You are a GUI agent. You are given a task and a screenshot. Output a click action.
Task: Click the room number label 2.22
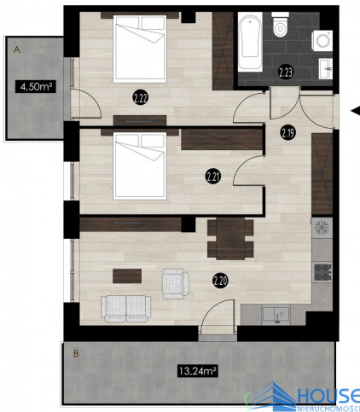140,98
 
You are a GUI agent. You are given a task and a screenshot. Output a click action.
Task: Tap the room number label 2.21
213,177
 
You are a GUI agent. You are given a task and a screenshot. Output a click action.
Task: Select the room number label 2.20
220,281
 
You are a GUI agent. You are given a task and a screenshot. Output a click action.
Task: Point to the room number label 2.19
288,132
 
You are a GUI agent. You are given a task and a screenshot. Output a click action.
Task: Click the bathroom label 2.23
286,73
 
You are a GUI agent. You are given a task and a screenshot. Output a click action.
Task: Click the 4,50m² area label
36,86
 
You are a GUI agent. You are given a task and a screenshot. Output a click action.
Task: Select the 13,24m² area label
198,370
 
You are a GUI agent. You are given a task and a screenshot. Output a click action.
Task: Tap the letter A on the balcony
17,49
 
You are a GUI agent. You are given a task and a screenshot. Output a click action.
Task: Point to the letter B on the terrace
76,354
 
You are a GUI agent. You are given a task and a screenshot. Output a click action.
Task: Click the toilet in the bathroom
280,25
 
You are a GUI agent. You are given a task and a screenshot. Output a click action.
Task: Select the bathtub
250,42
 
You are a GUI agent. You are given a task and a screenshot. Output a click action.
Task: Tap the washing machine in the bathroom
322,41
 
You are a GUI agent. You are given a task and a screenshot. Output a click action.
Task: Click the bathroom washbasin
326,68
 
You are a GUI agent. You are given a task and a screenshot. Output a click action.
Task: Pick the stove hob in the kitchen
322,272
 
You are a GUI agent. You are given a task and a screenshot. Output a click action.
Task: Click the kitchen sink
276,315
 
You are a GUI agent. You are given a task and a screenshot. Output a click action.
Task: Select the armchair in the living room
175,283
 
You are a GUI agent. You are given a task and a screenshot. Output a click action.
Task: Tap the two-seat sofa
126,309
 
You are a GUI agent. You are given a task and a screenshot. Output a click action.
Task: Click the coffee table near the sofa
127,276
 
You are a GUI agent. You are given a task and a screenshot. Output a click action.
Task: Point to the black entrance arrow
356,111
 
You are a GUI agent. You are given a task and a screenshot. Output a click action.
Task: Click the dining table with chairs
230,239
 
